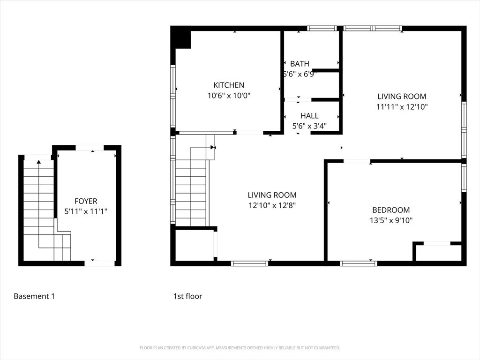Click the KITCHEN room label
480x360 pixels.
pyautogui.click(x=229, y=85)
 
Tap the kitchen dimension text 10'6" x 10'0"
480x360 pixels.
pyautogui.click(x=229, y=96)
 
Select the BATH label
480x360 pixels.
pyautogui.click(x=300, y=64)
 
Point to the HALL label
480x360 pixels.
pyautogui.click(x=309, y=116)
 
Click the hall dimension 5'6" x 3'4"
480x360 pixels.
pyautogui.click(x=309, y=126)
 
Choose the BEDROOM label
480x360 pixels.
pyautogui.click(x=391, y=210)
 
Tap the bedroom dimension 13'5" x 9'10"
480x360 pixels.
pyautogui.click(x=391, y=220)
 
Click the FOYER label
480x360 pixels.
pyautogui.click(x=86, y=202)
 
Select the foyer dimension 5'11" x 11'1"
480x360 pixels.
pyautogui.click(x=86, y=211)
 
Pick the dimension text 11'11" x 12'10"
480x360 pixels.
pyautogui.click(x=402, y=107)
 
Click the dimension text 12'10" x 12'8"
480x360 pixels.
pyautogui.click(x=272, y=205)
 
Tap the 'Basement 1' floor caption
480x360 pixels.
pyautogui.click(x=34, y=296)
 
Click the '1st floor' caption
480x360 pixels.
pyautogui.click(x=187, y=296)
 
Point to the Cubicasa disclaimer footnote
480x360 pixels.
pyautogui.click(x=240, y=348)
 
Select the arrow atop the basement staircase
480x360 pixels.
pyautogui.click(x=38, y=162)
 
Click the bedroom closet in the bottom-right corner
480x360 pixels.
pyautogui.click(x=438, y=253)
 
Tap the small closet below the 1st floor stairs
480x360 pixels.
pyautogui.click(x=194, y=245)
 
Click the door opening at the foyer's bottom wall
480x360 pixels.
pyautogui.click(x=99, y=263)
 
